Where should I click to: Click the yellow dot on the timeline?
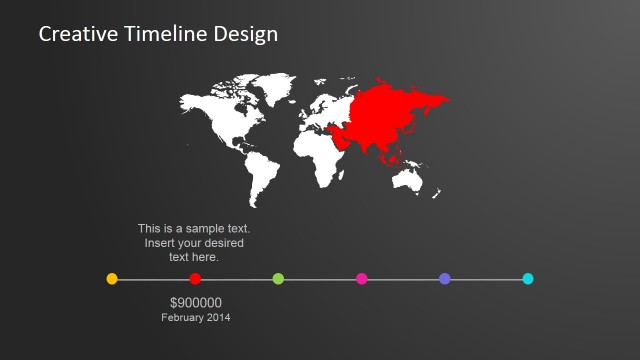pyautogui.click(x=112, y=279)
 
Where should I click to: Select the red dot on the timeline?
pyautogui.click(x=195, y=279)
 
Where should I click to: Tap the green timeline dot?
pyautogui.click(x=278, y=279)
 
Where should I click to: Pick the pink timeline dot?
pyautogui.click(x=362, y=279)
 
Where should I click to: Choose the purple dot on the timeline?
pyautogui.click(x=445, y=279)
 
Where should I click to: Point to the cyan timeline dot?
pyautogui.click(x=528, y=279)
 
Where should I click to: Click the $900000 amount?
pyautogui.click(x=196, y=303)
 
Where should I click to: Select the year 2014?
pyautogui.click(x=219, y=318)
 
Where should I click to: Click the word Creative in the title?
pyautogui.click(x=72, y=34)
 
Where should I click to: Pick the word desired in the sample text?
pyautogui.click(x=225, y=243)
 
